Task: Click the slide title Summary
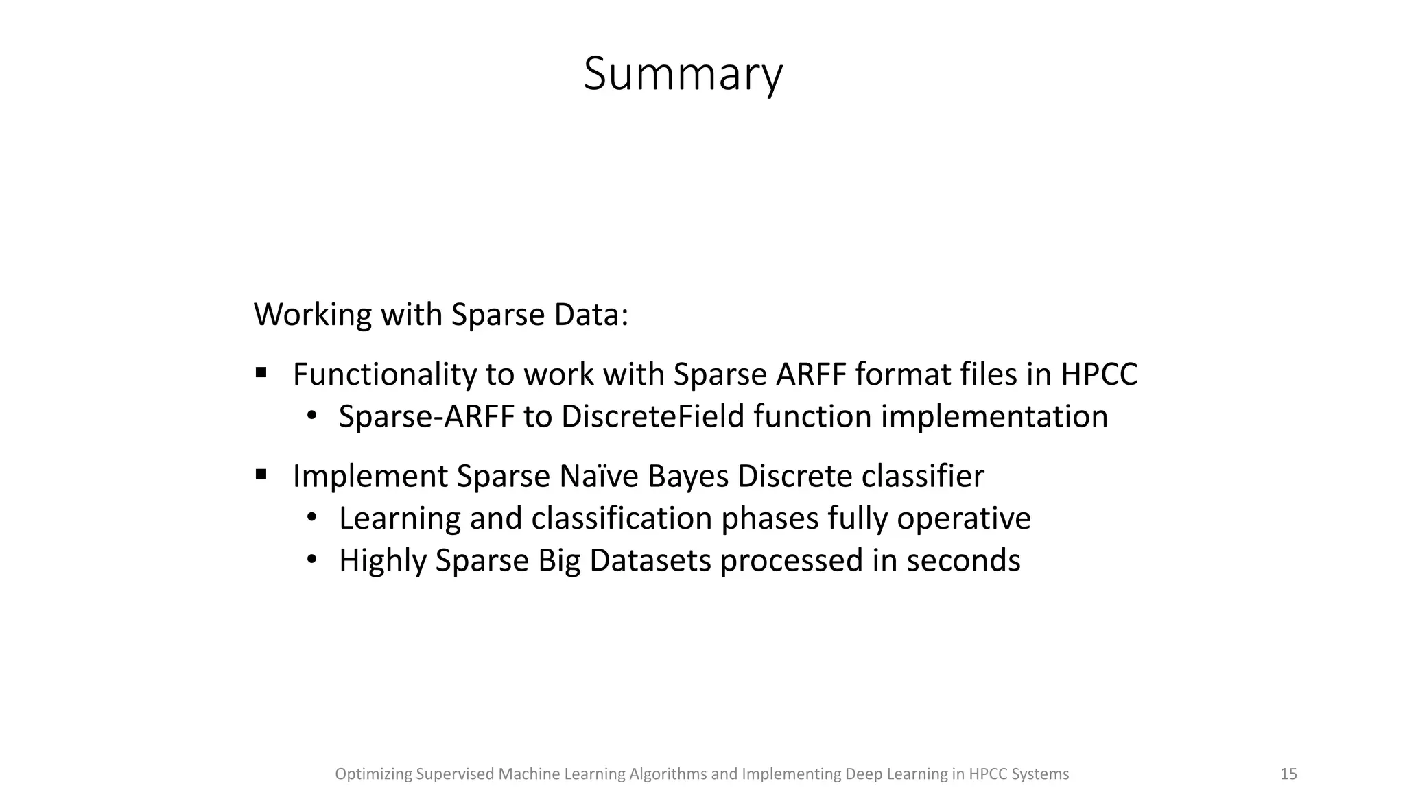coord(683,74)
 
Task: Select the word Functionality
coord(384,374)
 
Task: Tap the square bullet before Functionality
coord(261,373)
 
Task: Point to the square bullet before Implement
coord(261,475)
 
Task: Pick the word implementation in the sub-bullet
coord(994,417)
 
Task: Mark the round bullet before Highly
coord(312,560)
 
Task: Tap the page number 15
coord(1288,774)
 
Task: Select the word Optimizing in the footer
coord(373,774)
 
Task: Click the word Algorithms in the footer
coord(668,774)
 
